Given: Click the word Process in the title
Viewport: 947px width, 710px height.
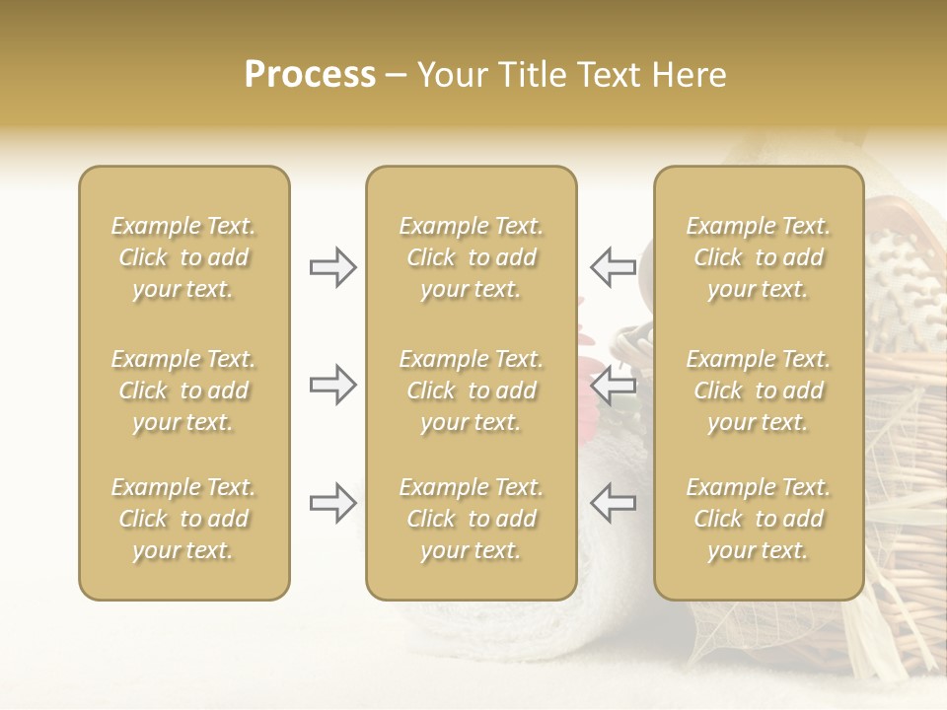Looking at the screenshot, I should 310,75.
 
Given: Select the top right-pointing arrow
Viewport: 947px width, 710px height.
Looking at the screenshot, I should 332,267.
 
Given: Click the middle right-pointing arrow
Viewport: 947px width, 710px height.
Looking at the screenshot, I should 332,385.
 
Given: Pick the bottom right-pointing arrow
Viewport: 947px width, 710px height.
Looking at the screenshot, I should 332,503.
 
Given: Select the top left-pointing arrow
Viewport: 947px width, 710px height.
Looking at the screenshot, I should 614,267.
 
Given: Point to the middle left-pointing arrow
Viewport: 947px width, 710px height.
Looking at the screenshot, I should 614,385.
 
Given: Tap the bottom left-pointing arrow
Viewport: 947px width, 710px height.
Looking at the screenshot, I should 614,503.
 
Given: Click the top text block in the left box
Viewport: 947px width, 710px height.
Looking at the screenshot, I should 183,257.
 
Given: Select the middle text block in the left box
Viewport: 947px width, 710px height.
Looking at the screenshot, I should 183,390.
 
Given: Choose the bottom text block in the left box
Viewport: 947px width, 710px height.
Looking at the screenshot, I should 183,519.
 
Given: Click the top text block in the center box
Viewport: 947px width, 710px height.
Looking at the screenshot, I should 471,257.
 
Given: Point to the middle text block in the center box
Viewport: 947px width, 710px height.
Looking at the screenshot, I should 471,390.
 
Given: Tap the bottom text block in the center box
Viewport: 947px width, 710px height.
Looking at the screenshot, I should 471,519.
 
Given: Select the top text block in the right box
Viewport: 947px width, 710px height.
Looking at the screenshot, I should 758,257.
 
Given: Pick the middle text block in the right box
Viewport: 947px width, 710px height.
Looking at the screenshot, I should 758,390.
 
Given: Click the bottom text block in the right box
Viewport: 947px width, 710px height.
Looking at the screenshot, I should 758,519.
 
